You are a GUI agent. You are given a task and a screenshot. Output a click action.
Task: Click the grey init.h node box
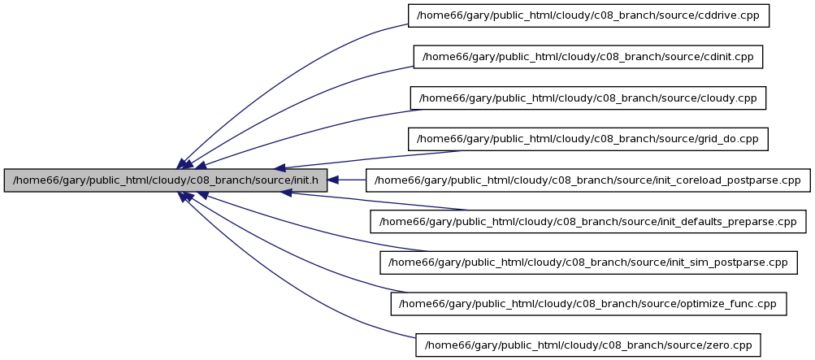165,180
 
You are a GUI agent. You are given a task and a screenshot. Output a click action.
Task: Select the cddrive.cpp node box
588,15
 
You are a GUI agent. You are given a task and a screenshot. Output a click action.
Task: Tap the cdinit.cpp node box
587,57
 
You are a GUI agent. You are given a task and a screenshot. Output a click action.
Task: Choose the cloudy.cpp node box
587,98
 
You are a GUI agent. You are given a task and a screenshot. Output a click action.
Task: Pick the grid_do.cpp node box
587,139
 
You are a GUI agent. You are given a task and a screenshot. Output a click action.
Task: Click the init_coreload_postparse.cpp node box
587,180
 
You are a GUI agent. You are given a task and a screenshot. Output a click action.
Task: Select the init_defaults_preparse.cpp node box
587,221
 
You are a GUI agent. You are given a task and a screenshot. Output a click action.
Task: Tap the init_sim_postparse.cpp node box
587,262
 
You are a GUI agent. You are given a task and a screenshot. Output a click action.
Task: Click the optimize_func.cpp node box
588,303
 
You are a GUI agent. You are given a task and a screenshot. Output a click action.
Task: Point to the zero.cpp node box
587,345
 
